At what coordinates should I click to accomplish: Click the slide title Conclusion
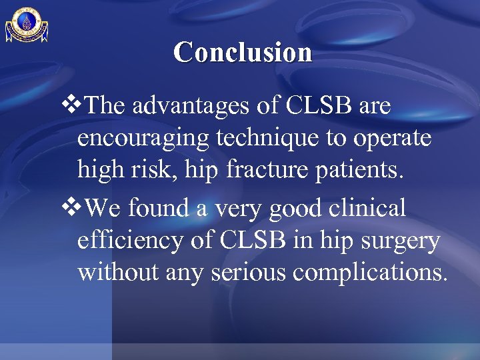coord(243,52)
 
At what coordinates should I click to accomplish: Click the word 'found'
coord(158,209)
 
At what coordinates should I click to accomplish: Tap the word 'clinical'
coord(371,209)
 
